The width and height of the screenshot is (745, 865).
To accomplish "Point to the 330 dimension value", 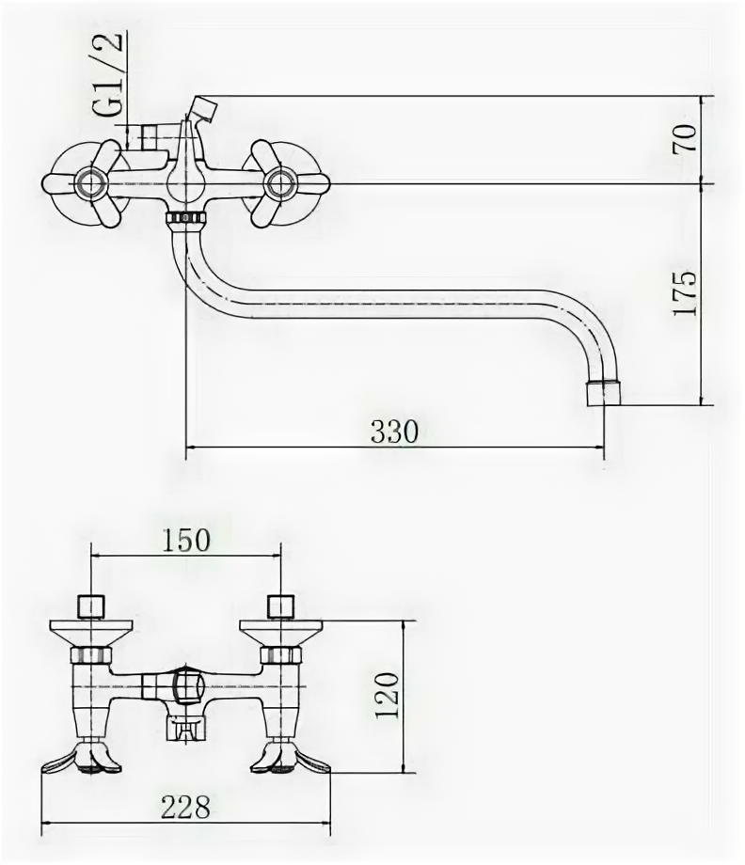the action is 393,432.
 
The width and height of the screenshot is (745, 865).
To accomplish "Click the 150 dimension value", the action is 185,541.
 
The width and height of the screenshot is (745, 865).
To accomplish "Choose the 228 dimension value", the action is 184,806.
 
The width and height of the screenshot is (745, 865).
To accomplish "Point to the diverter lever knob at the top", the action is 203,105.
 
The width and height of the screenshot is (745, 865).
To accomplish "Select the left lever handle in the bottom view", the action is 83,759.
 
